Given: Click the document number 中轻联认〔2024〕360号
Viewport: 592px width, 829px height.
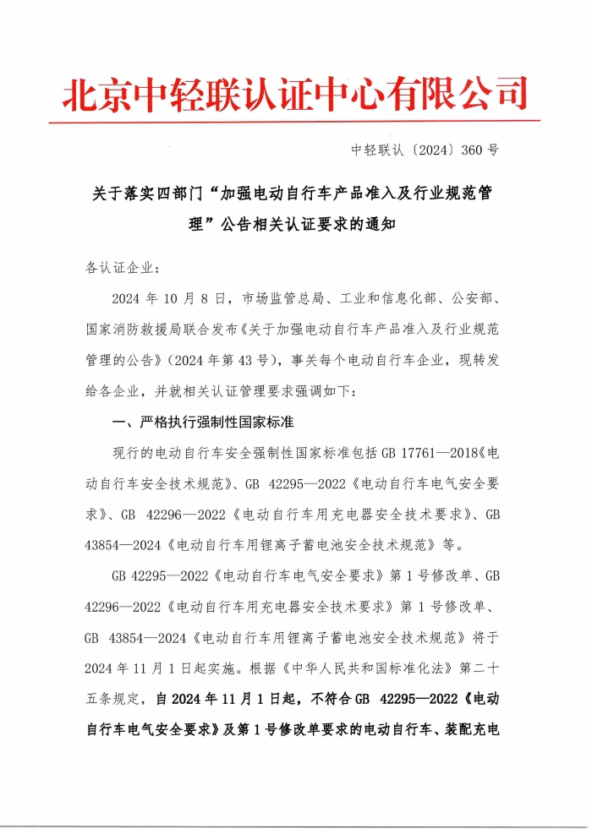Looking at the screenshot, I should point(425,150).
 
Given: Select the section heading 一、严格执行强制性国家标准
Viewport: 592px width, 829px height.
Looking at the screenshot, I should point(203,421).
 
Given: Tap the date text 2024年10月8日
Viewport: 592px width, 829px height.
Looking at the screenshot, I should point(171,299).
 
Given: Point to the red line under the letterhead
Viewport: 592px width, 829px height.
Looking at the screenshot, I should point(294,122).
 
